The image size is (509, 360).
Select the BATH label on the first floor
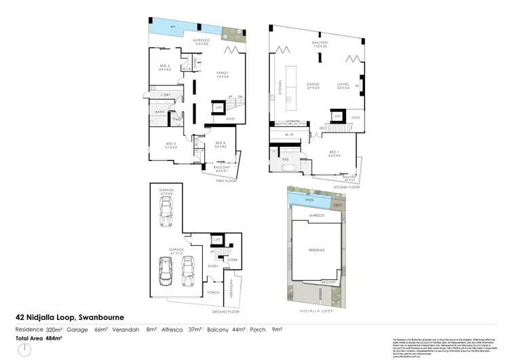pos(159,111)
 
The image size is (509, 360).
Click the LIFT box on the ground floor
pos(218,240)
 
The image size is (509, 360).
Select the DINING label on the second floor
pos(313,85)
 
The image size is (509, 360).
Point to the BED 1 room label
pos(334,153)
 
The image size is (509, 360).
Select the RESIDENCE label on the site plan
pos(317,250)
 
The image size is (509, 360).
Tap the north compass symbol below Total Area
pos(25,349)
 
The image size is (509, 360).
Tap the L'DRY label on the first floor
pos(165,94)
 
